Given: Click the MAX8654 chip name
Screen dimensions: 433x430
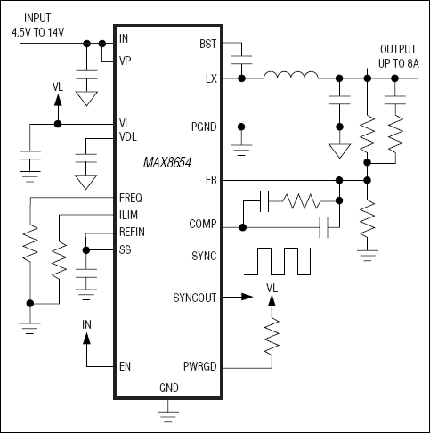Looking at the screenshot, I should [x=170, y=163].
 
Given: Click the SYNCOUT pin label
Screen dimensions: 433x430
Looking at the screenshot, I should [x=195, y=298].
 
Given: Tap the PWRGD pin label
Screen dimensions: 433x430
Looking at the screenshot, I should [x=199, y=365].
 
